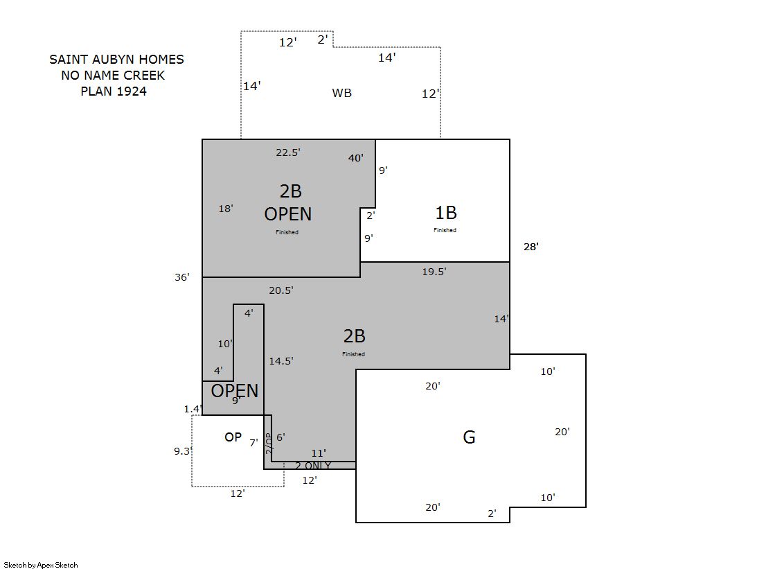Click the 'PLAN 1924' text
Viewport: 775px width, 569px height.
click(x=114, y=91)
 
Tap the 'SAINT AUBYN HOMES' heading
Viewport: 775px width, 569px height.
click(x=116, y=60)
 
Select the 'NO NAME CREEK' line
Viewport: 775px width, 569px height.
click(x=113, y=76)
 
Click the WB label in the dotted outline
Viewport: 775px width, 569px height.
click(x=342, y=93)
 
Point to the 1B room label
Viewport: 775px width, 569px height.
click(x=446, y=213)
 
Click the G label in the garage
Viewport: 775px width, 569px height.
click(x=469, y=437)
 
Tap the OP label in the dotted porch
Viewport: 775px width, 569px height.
click(x=233, y=437)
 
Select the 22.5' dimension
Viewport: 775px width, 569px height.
click(x=288, y=152)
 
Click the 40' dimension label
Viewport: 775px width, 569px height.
click(x=356, y=158)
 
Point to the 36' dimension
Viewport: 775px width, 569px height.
click(x=182, y=277)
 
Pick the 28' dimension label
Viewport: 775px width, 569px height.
click(x=531, y=247)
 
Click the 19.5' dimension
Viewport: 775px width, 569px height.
click(x=434, y=272)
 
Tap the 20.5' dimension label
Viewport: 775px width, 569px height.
click(x=281, y=290)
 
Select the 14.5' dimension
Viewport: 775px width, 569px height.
click(x=281, y=361)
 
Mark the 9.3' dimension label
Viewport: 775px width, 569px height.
click(x=183, y=451)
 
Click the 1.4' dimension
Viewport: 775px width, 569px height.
click(x=193, y=409)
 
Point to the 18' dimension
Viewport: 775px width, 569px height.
click(x=226, y=209)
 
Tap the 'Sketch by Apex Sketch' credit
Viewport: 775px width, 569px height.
click(x=41, y=565)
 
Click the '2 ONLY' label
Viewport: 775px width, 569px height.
click(x=313, y=466)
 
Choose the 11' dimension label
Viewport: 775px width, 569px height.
click(x=319, y=453)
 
